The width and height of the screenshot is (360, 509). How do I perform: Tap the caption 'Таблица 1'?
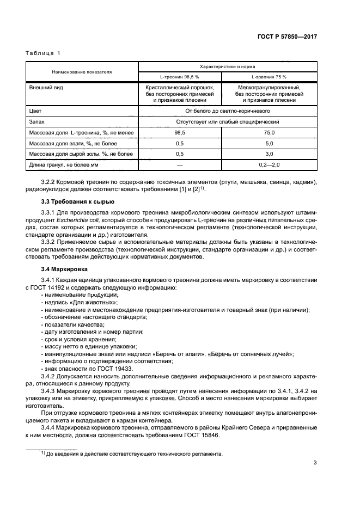coord(43,53)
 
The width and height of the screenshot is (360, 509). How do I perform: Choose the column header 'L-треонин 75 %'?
coord(269,77)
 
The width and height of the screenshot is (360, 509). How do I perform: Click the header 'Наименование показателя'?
coord(82,71)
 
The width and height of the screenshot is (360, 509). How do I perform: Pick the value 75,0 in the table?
coord(269,132)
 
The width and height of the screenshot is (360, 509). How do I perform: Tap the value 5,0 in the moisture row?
coord(269,143)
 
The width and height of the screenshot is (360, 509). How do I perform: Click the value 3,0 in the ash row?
coord(269,154)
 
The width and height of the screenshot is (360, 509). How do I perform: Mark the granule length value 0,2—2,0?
coord(269,165)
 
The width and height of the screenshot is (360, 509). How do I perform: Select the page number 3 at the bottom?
coord(315,463)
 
